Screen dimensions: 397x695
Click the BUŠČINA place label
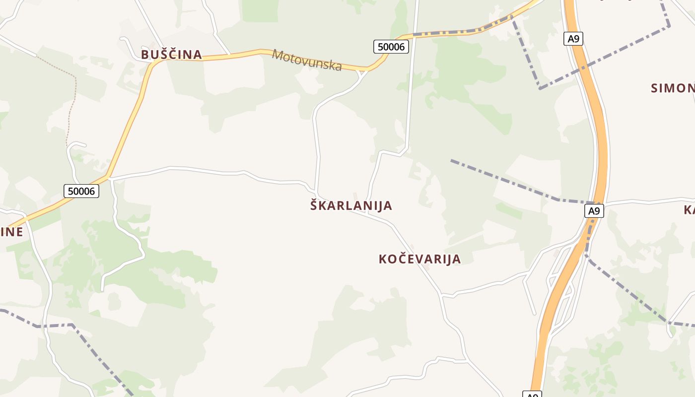[171, 55]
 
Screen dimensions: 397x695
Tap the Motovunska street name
[307, 60]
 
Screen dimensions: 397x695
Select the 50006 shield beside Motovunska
[391, 47]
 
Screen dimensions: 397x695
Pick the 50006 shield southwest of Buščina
[81, 191]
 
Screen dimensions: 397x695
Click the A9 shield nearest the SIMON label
[573, 39]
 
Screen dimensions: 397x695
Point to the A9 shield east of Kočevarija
[594, 211]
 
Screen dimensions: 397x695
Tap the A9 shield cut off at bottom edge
[532, 395]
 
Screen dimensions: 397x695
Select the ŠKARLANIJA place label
[351, 205]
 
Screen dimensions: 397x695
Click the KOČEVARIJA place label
[419, 259]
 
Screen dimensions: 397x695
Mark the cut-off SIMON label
[673, 88]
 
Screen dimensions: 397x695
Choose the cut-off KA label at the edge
[689, 210]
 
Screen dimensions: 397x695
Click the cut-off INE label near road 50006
[11, 232]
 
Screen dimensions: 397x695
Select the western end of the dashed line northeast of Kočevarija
[452, 160]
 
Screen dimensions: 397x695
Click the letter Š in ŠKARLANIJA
[314, 205]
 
